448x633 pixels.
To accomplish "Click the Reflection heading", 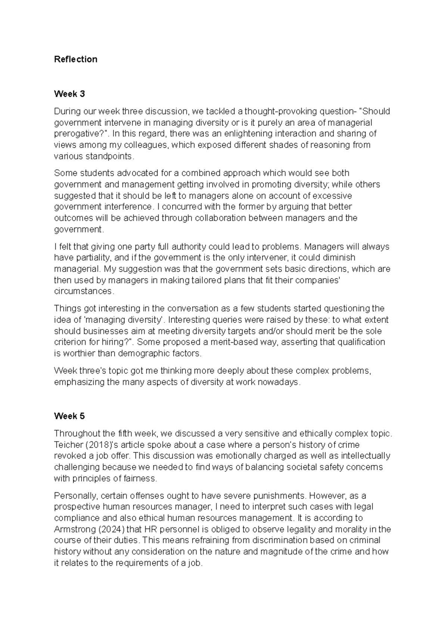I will (x=75, y=59).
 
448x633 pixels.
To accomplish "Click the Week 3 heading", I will (x=69, y=94).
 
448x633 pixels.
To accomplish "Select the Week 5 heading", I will (x=69, y=416).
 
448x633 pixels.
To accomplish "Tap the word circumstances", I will (x=83, y=291).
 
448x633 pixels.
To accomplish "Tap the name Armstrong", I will (x=72, y=529).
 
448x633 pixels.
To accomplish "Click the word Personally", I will (x=76, y=496).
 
